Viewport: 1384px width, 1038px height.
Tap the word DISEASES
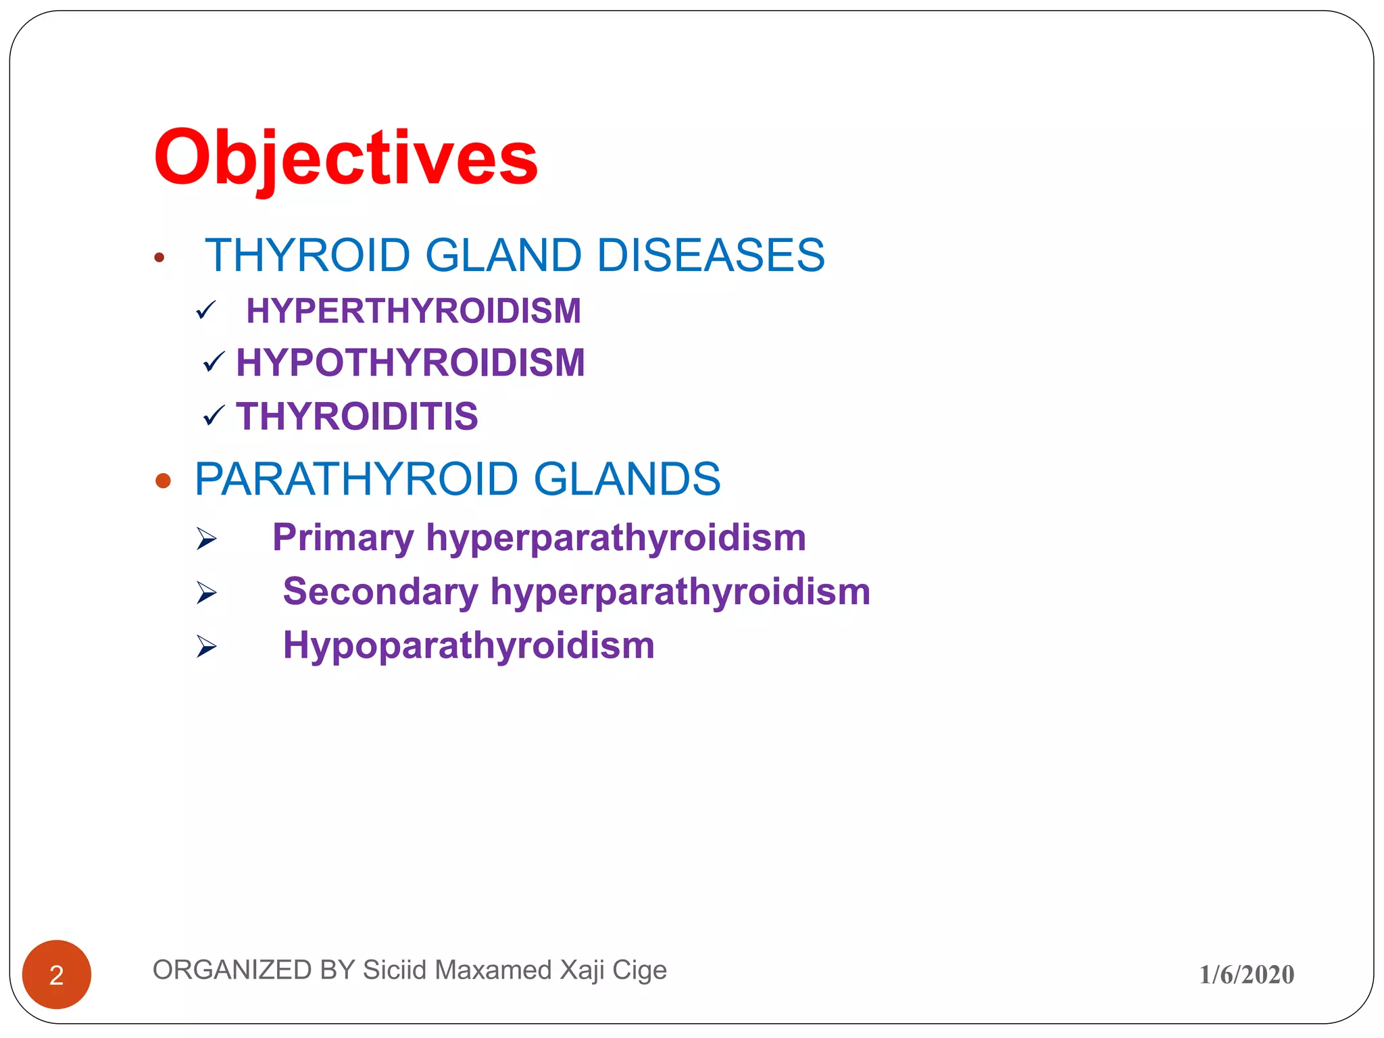click(x=710, y=255)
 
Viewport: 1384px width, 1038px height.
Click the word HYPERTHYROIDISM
click(x=413, y=311)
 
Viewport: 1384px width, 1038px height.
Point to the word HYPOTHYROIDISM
click(x=410, y=363)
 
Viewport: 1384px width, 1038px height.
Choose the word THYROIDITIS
click(x=357, y=416)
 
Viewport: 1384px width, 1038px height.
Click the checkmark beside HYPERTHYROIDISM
click(x=205, y=310)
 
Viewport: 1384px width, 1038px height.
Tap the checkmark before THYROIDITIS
click(x=214, y=416)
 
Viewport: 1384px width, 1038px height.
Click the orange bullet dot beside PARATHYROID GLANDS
click(x=163, y=480)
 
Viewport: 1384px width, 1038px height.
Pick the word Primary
click(x=343, y=538)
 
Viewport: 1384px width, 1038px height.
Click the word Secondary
click(x=380, y=591)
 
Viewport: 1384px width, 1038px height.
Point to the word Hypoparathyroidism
click(x=468, y=645)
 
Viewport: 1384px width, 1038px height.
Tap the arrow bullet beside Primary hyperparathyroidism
click(x=206, y=539)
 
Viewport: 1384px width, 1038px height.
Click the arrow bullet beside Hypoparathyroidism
click(x=206, y=646)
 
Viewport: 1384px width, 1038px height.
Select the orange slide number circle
click(x=57, y=974)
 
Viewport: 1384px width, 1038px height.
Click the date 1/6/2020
click(x=1246, y=974)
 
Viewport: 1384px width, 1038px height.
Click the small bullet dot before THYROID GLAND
click(x=159, y=257)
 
